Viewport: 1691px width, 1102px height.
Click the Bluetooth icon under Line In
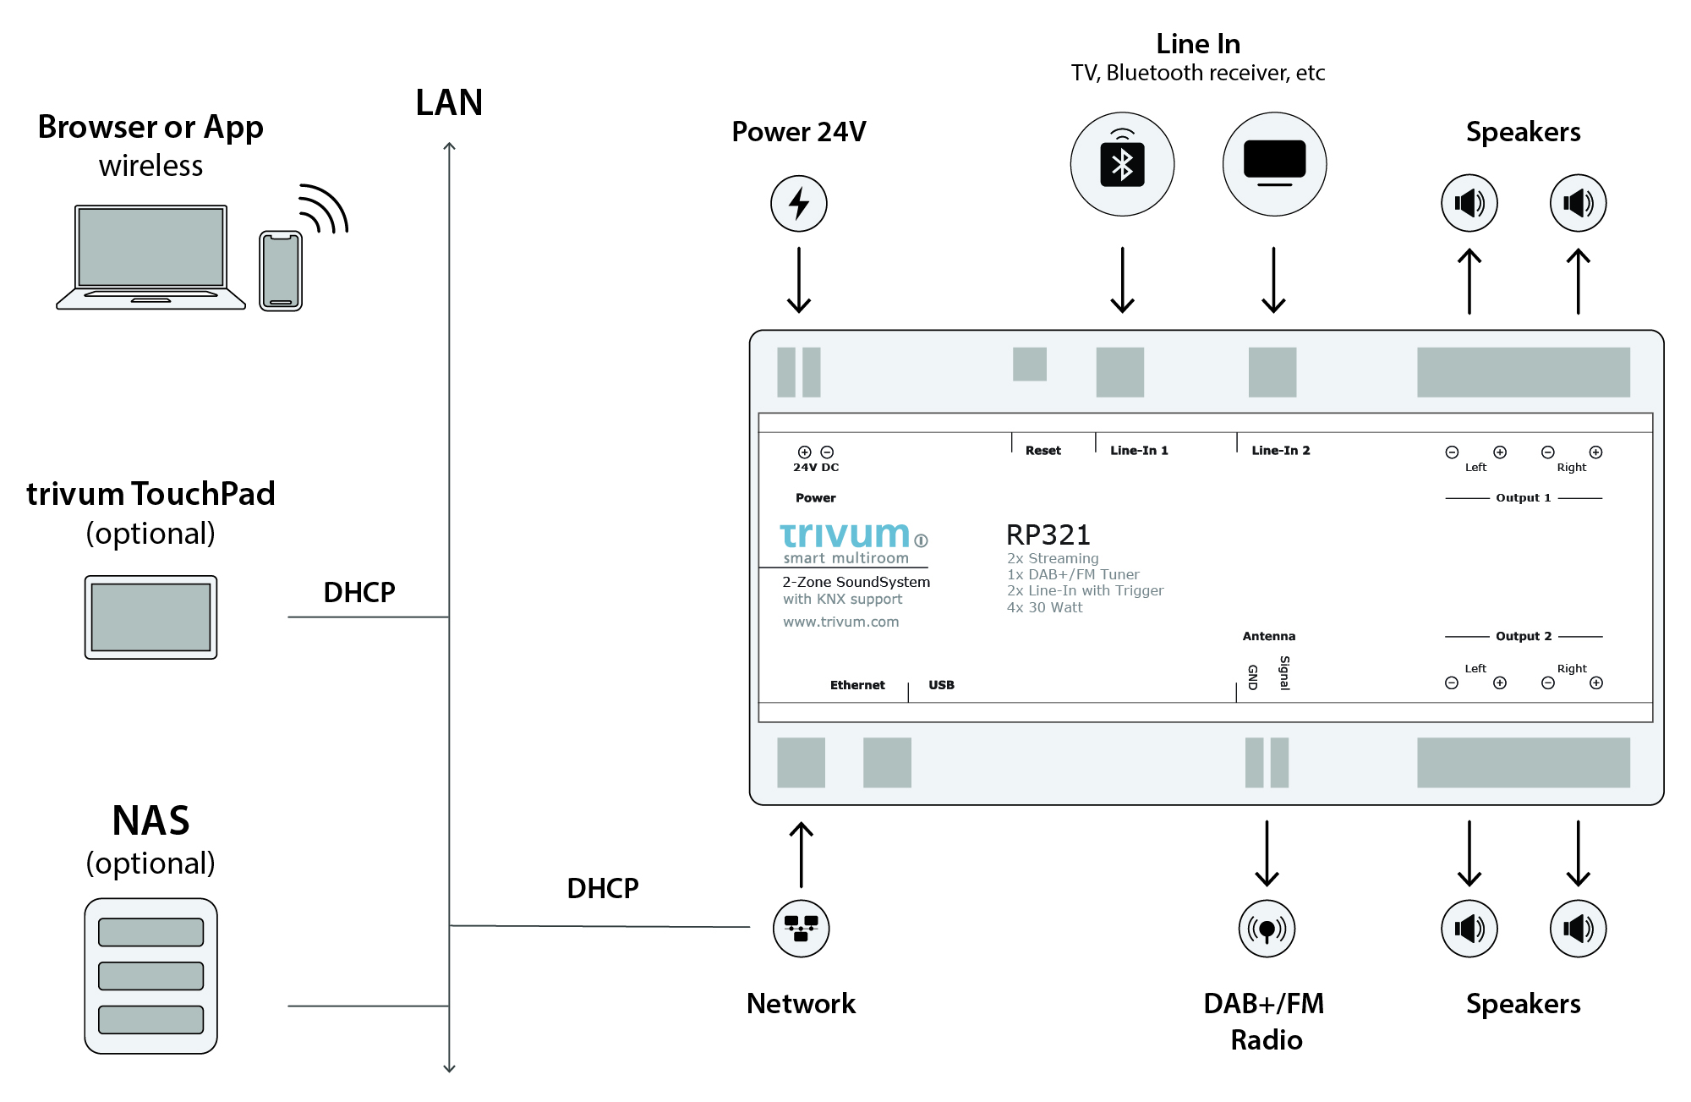coord(1122,164)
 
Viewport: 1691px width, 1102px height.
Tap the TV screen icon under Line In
coord(1274,163)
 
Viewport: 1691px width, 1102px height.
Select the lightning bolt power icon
coord(798,204)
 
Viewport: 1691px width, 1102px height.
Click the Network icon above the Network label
coord(801,928)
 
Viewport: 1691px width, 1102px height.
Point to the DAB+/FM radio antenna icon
coord(1266,929)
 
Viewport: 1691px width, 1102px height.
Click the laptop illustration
coord(150,257)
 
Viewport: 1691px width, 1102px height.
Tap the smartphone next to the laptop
coord(281,271)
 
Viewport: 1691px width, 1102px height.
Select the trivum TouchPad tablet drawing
coord(150,617)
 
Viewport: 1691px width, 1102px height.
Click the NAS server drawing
coord(150,975)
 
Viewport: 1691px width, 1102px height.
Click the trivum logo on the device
coord(845,535)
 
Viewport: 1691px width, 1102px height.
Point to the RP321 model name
coord(1048,535)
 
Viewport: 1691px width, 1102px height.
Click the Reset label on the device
coord(1043,451)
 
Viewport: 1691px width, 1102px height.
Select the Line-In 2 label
coord(1280,451)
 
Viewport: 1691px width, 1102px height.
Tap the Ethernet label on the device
coord(856,685)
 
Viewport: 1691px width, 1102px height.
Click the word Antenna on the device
coord(1268,636)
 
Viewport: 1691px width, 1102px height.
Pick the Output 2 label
coord(1523,636)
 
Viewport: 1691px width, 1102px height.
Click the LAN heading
coord(449,103)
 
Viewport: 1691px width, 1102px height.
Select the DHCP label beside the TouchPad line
coord(358,592)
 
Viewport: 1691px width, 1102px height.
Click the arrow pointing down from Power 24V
coord(798,280)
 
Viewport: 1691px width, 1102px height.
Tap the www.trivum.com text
coord(840,622)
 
